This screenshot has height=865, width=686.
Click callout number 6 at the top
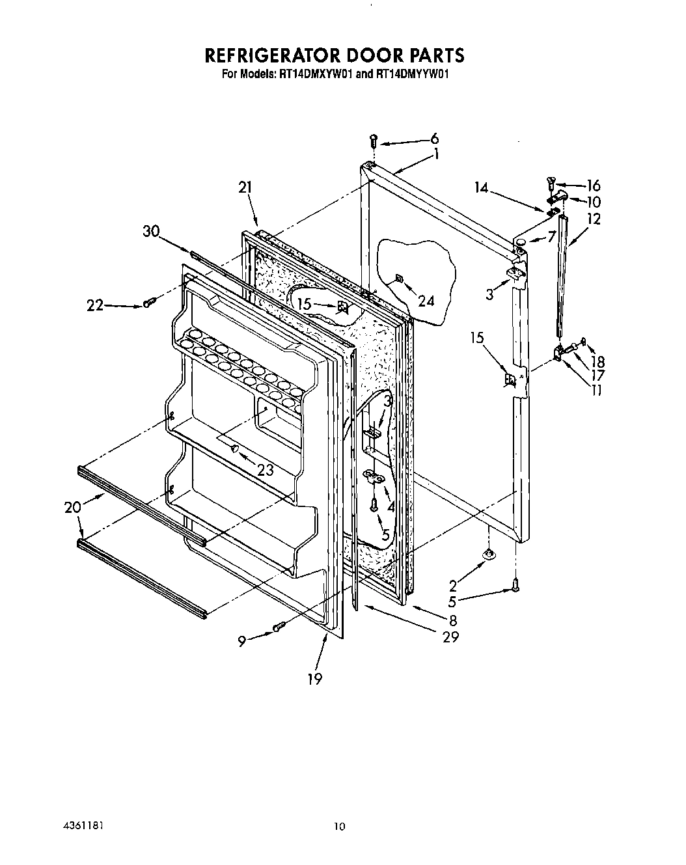point(434,138)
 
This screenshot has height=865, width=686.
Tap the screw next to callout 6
point(373,140)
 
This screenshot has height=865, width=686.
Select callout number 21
point(245,188)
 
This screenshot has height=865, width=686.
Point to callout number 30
point(151,232)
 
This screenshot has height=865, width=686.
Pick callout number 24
point(426,301)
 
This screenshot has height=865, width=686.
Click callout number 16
point(593,185)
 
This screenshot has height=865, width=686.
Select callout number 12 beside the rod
point(593,219)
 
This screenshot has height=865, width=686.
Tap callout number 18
point(597,362)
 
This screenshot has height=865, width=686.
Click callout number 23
point(265,469)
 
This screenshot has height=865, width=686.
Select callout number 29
point(450,637)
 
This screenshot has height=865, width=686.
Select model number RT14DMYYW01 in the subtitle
point(413,74)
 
